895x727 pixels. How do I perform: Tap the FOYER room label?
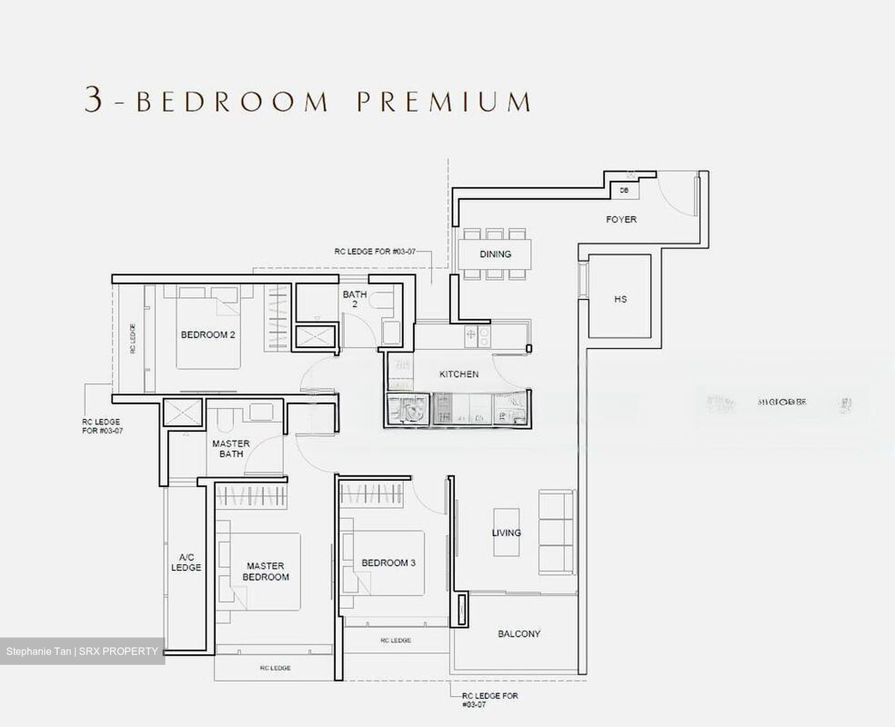tap(621, 219)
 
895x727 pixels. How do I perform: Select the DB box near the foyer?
tap(624, 190)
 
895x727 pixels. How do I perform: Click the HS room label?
tap(620, 299)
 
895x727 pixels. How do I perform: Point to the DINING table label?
tap(495, 254)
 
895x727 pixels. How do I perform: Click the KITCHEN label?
tap(459, 374)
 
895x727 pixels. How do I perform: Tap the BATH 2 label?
tap(354, 299)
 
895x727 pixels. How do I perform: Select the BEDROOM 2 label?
tap(208, 335)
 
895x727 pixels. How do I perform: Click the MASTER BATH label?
tap(231, 449)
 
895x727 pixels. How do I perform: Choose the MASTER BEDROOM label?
tap(265, 571)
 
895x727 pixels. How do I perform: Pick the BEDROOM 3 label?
tap(388, 563)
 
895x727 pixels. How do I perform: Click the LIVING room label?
tap(506, 533)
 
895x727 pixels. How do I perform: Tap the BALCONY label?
tap(519, 634)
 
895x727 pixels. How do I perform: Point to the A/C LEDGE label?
tap(186, 562)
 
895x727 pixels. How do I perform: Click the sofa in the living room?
tap(556, 532)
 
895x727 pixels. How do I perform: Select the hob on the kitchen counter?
tap(477, 336)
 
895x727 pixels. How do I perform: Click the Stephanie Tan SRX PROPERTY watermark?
tap(82, 651)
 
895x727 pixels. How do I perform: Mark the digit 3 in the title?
tap(93, 100)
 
